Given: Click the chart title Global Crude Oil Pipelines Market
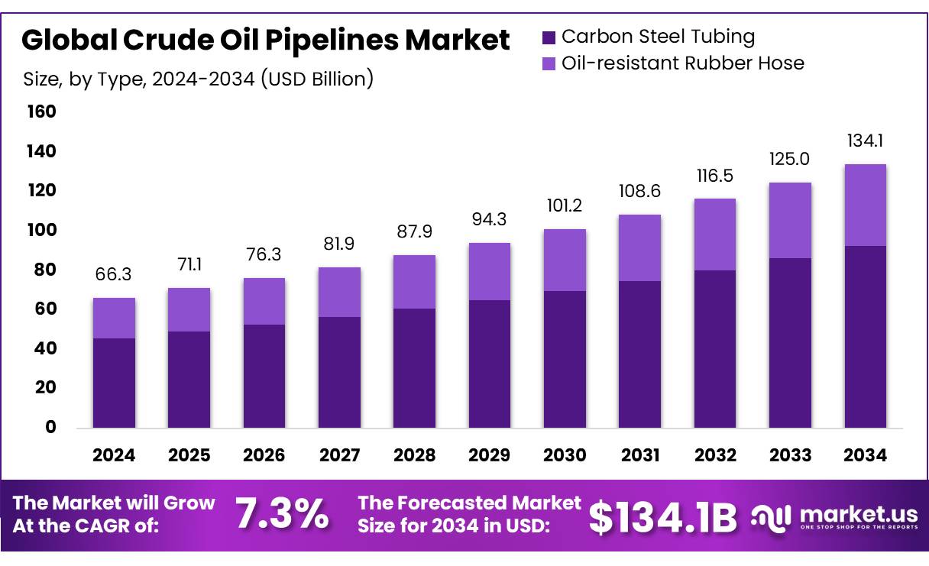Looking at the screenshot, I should click(265, 40).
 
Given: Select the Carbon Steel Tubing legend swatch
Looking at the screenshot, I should click(548, 37).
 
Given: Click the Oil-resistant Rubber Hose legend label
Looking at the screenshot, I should click(682, 63).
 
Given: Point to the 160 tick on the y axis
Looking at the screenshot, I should click(42, 112).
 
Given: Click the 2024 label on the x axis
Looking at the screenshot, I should click(114, 455).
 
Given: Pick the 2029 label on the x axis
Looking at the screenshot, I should click(490, 455).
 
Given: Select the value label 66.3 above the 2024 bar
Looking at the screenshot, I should click(114, 275).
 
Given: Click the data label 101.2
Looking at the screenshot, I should click(565, 206).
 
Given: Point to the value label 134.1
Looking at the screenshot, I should click(866, 141).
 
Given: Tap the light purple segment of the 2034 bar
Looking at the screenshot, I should click(866, 205).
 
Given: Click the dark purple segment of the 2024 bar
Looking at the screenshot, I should click(114, 383).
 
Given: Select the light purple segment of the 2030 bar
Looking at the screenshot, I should click(565, 260).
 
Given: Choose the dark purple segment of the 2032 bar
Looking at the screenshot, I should click(715, 348).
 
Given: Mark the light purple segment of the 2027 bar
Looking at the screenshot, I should click(339, 292).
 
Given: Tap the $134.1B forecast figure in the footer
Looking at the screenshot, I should click(663, 517).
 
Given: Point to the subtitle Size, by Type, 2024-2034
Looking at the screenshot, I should click(198, 79).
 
